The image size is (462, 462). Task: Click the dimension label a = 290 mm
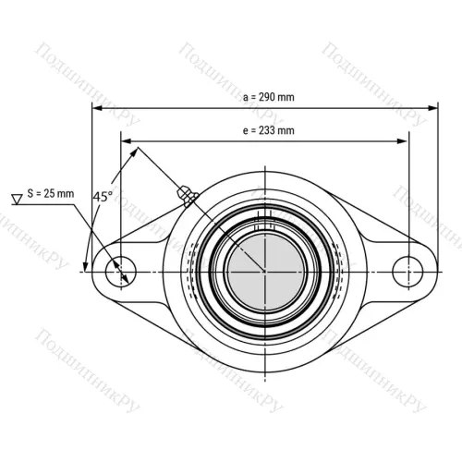269,97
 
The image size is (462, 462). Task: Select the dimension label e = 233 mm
269,130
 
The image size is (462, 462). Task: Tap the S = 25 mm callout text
51,194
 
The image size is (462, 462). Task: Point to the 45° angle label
103,197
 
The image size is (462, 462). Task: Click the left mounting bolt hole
121,272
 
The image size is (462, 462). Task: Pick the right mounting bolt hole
407,272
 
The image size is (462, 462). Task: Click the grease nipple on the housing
188,196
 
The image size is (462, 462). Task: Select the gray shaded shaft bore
265,272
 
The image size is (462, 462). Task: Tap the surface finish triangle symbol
17,200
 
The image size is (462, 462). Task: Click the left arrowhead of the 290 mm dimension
97,108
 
